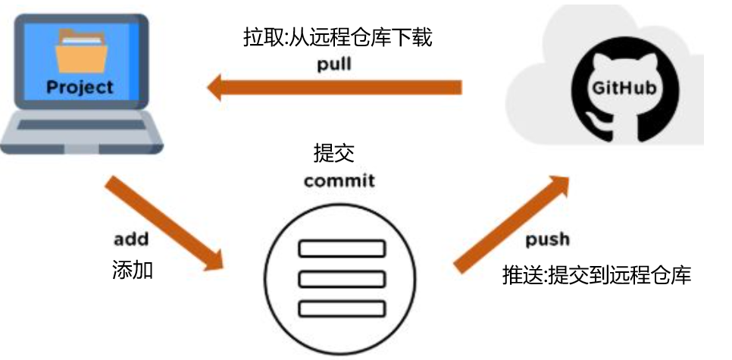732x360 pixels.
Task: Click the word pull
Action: (334, 64)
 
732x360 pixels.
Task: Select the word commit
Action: (339, 182)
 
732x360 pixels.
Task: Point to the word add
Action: (130, 239)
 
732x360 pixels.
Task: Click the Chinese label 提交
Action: (334, 152)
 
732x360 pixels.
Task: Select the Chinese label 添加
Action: (133, 270)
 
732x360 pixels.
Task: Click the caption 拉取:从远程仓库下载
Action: (338, 37)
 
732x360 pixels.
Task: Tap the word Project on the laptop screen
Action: (79, 86)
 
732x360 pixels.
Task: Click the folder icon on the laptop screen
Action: (80, 51)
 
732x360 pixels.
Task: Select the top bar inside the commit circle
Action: (343, 249)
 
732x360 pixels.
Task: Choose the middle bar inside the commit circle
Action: (343, 278)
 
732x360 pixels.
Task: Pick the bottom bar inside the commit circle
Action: (343, 308)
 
